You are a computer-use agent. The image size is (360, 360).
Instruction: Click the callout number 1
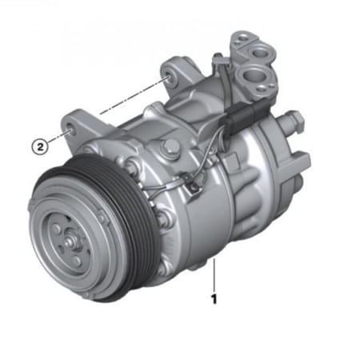(x=214, y=299)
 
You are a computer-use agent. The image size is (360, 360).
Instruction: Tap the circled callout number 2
(x=40, y=146)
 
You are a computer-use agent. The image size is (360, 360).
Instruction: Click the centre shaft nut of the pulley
(x=70, y=242)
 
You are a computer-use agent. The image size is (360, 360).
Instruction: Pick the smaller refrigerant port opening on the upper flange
(x=259, y=52)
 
